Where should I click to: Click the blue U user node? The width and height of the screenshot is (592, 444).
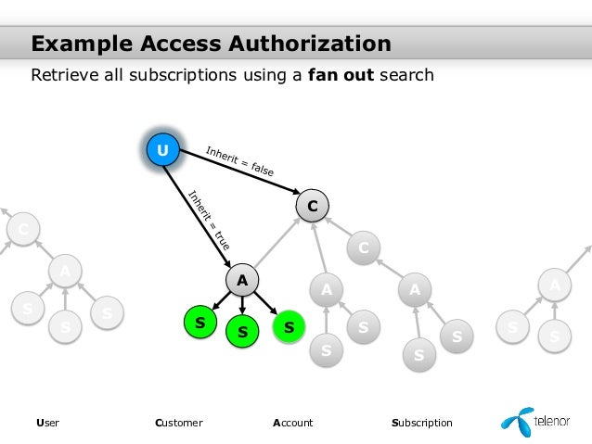tap(162, 149)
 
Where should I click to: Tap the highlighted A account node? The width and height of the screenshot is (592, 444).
tap(241, 280)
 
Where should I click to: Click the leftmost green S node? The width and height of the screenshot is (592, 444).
tap(199, 321)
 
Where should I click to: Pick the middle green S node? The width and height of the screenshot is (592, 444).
tap(242, 331)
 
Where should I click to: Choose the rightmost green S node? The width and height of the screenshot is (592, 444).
tap(289, 326)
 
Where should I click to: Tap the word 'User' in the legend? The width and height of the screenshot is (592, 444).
tap(47, 423)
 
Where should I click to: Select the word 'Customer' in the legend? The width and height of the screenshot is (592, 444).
tap(179, 423)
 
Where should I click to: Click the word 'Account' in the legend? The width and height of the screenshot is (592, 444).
tap(292, 423)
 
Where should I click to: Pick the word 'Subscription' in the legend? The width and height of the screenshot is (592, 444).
tap(422, 423)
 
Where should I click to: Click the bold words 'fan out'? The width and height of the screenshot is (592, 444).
tap(341, 74)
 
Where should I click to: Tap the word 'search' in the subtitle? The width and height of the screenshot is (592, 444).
tap(405, 74)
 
